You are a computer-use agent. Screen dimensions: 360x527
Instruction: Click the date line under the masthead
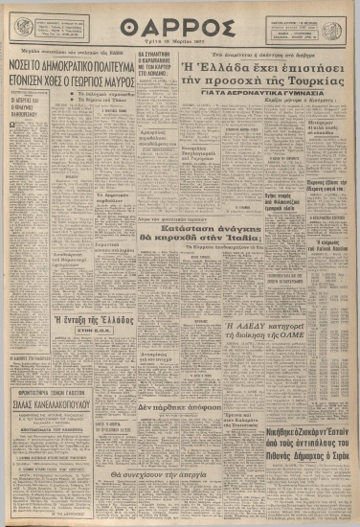tap(180, 42)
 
